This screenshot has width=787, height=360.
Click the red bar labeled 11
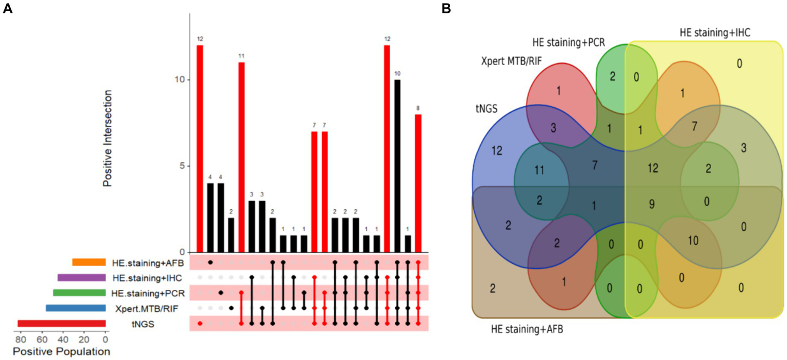(241, 157)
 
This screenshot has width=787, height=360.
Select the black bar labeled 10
(397, 166)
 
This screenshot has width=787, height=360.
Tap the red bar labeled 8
(418, 183)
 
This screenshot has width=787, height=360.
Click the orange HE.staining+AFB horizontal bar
(89, 262)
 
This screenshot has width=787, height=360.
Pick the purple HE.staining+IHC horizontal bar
(81, 277)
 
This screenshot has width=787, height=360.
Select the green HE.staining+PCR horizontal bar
(79, 293)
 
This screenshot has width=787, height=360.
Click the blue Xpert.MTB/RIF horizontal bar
(75, 308)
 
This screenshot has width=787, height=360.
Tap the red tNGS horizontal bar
(62, 324)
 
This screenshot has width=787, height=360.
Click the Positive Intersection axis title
(107, 138)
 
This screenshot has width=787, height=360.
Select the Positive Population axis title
(62, 352)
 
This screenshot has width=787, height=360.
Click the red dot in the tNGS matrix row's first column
(200, 324)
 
